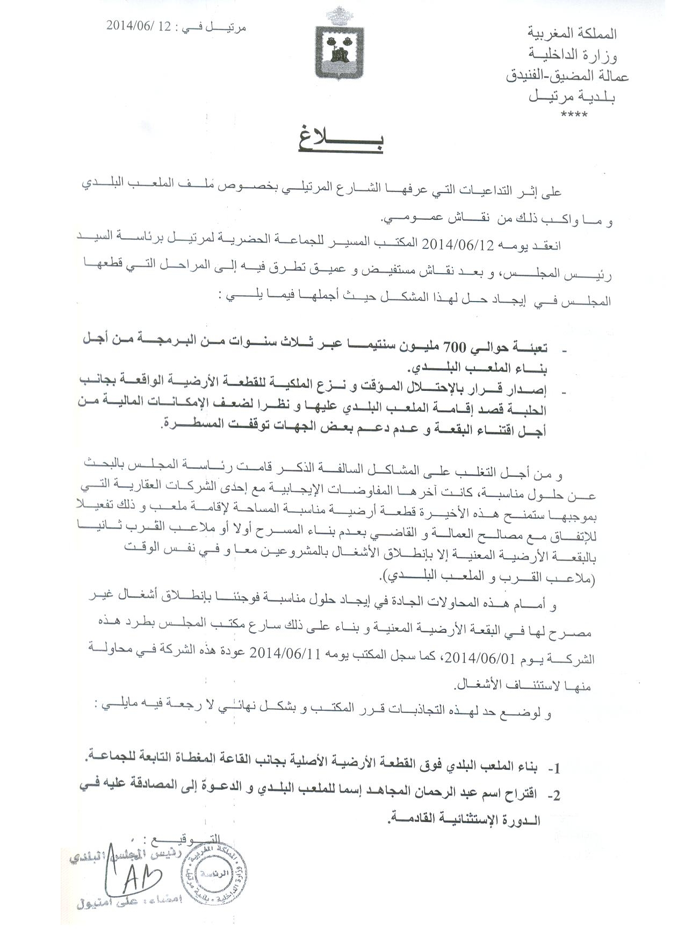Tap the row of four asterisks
(x=574, y=115)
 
